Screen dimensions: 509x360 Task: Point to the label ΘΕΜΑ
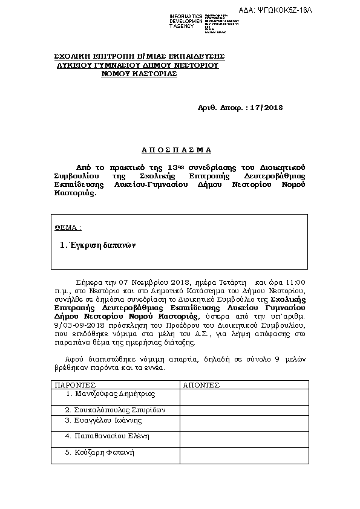[68, 228]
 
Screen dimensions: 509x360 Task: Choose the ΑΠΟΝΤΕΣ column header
[200, 384]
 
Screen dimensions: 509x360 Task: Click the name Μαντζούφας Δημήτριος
[111, 394]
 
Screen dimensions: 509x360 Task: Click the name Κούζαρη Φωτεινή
[99, 452]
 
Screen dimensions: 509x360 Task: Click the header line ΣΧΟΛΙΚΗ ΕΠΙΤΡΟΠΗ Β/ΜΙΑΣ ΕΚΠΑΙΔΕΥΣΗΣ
[140, 56]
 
